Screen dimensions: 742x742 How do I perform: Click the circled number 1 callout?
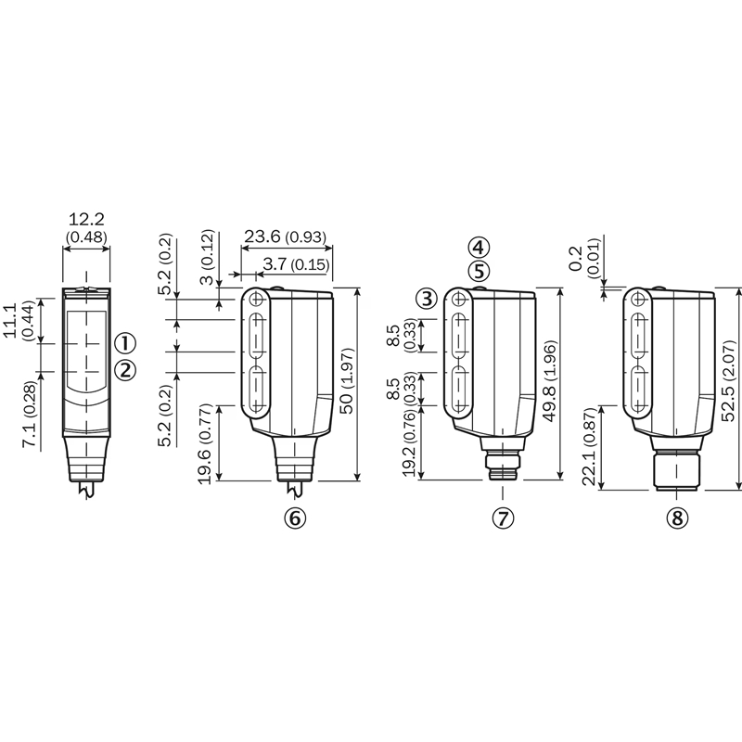point(125,343)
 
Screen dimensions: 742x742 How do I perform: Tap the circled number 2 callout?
point(125,370)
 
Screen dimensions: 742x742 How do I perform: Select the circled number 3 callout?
point(428,299)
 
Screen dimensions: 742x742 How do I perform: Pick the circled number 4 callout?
point(479,248)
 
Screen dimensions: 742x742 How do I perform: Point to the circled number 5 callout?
point(479,272)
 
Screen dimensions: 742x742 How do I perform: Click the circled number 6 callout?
point(295,518)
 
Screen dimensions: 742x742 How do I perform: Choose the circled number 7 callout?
point(503,518)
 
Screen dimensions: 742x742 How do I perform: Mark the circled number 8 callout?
point(677,518)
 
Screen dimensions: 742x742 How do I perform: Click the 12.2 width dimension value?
point(86,219)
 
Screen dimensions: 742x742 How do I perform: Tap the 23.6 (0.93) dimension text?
point(285,237)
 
